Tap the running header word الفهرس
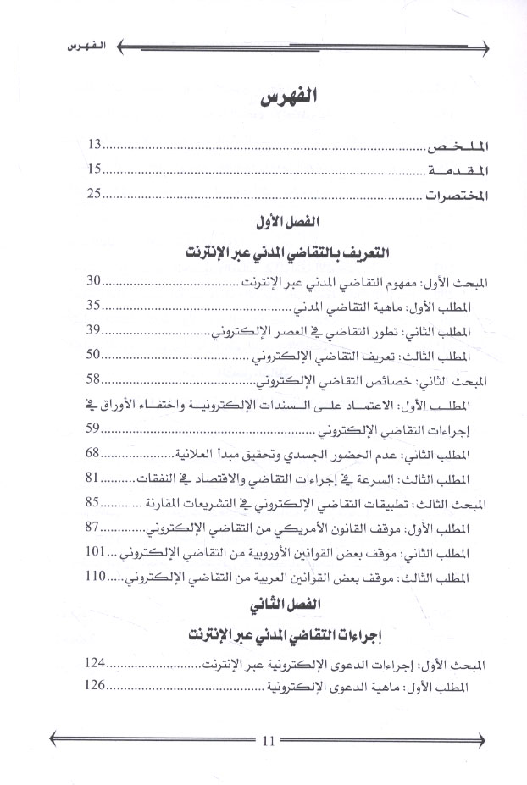pos(69,45)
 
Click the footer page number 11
pos(269,741)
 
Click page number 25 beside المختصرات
pos(95,194)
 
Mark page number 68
pos(95,453)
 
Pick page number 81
pos(95,478)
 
